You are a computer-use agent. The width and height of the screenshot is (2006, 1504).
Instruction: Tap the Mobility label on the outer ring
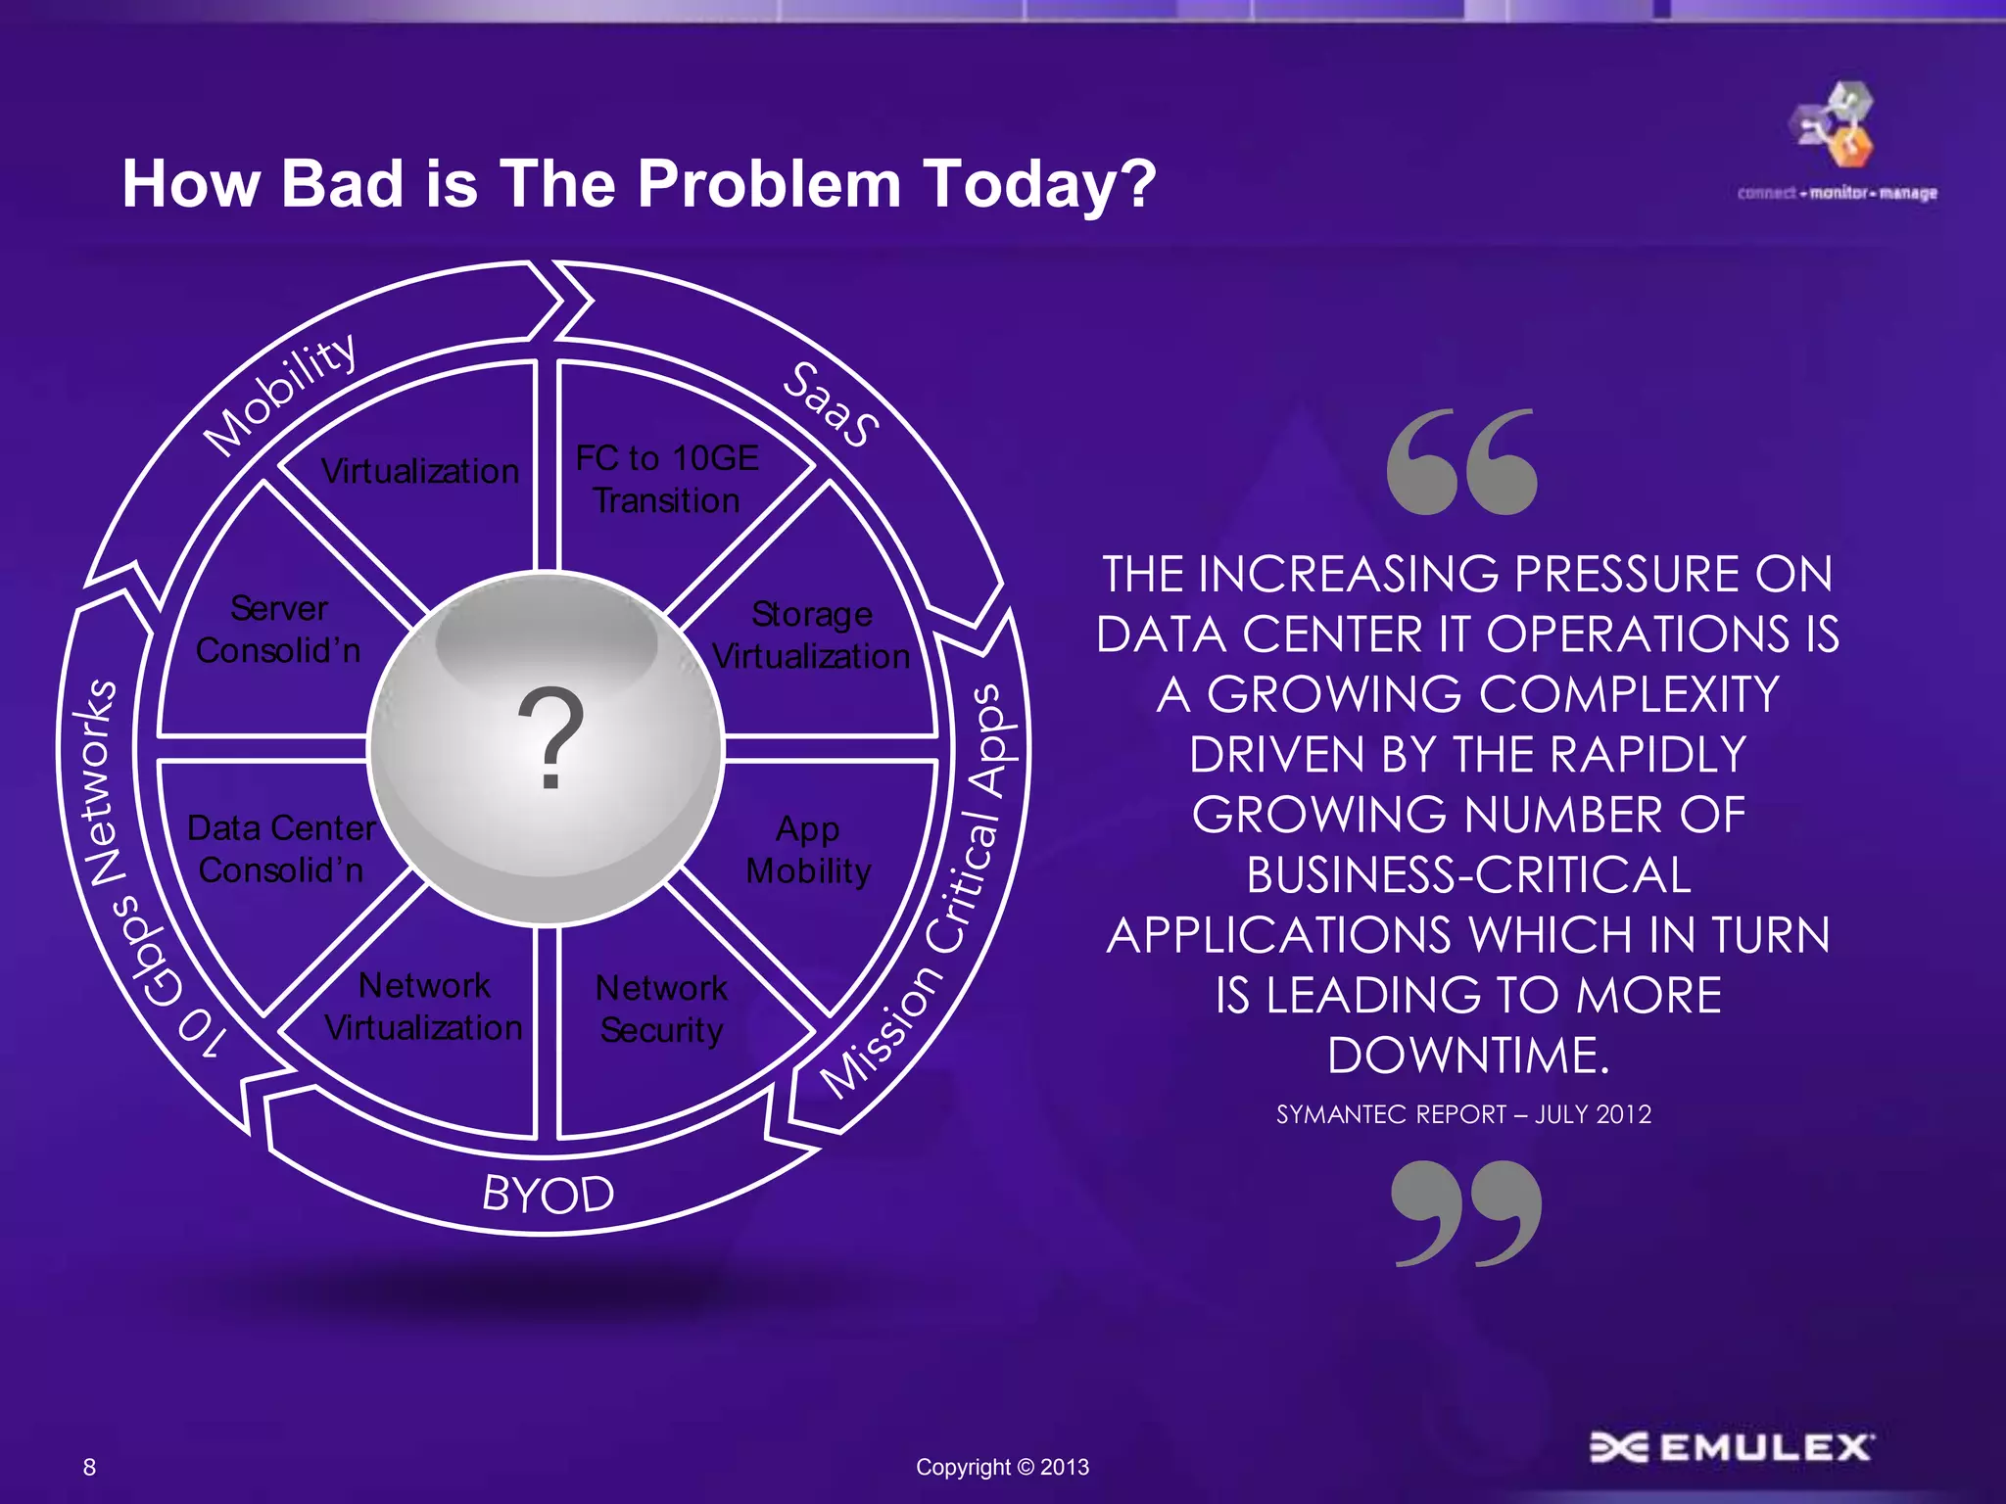(281, 394)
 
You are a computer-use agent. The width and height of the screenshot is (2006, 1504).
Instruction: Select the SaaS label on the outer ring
(831, 404)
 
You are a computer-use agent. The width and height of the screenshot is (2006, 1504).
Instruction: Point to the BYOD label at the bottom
(549, 1194)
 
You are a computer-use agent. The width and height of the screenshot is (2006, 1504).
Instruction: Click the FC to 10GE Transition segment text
(667, 480)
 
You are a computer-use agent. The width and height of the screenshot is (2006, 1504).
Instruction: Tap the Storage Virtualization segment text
(811, 635)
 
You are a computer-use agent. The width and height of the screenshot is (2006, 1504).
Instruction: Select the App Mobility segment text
(808, 849)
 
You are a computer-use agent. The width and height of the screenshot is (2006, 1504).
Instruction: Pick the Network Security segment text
(662, 1009)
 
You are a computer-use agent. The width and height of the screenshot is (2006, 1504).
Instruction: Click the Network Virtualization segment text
(423, 1007)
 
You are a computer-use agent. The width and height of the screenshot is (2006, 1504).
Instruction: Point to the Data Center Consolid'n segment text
(281, 849)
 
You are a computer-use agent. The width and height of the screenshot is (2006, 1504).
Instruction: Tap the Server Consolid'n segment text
(279, 630)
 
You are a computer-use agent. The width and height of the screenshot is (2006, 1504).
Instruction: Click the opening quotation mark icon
(1461, 462)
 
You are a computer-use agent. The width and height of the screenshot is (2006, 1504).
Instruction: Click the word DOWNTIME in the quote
(1467, 1056)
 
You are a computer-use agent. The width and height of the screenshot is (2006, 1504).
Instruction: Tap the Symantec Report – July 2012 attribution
(1463, 1114)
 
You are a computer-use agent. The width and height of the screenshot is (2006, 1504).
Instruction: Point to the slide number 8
(90, 1467)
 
